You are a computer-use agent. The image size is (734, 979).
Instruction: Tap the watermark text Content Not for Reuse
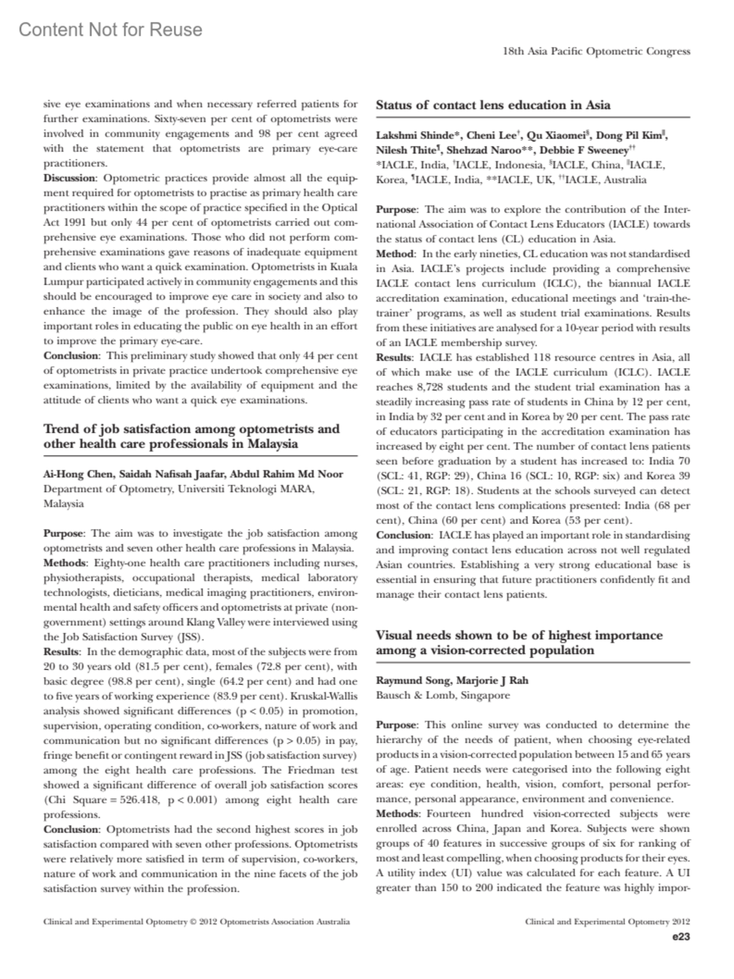111,29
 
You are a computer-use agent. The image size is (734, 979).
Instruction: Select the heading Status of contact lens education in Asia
493,105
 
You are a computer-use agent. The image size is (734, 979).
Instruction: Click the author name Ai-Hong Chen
70,474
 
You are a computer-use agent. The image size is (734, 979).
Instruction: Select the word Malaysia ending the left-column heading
273,444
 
